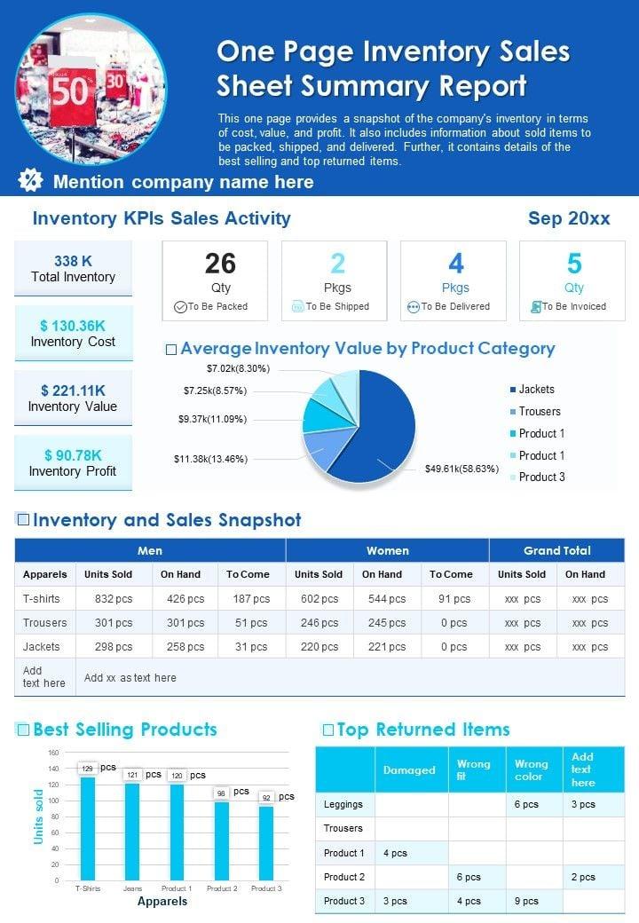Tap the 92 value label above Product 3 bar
pyautogui.click(x=266, y=798)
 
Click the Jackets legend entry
pyautogui.click(x=536, y=390)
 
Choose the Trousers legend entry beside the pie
pyautogui.click(x=540, y=412)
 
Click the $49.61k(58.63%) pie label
pyautogui.click(x=461, y=469)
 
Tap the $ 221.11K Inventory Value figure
pyautogui.click(x=73, y=390)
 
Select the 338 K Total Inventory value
pyautogui.click(x=73, y=261)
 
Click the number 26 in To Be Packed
pyautogui.click(x=220, y=264)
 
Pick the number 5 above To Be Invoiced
pyautogui.click(x=574, y=264)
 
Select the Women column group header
pyautogui.click(x=388, y=551)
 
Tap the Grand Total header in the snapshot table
pyautogui.click(x=556, y=551)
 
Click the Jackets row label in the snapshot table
pyautogui.click(x=42, y=647)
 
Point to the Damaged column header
pyautogui.click(x=409, y=770)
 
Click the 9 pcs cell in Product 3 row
pyautogui.click(x=526, y=901)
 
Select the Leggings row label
pyautogui.click(x=343, y=804)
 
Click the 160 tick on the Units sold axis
pyautogui.click(x=53, y=753)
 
